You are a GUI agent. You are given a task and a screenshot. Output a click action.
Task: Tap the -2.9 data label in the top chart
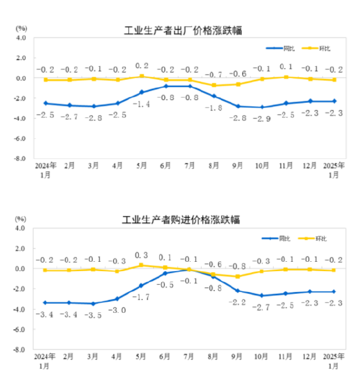point(262,118)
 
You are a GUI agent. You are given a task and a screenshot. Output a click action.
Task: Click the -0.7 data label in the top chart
point(213,75)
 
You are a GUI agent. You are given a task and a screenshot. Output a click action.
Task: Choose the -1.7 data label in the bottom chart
point(142,298)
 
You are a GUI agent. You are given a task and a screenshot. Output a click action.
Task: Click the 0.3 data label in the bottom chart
point(141,255)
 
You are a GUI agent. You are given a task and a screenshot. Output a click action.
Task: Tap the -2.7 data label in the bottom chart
point(262,307)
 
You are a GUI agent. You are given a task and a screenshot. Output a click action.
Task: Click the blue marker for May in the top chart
point(141,92)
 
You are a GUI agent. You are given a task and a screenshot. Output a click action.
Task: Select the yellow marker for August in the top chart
point(213,85)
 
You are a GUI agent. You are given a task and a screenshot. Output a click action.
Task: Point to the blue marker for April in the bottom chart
point(118,298)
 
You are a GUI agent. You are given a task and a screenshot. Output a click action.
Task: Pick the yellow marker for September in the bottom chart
point(238,276)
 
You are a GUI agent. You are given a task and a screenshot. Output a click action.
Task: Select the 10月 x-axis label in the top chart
point(262,167)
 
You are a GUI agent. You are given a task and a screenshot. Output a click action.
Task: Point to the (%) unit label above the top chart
point(21,28)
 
